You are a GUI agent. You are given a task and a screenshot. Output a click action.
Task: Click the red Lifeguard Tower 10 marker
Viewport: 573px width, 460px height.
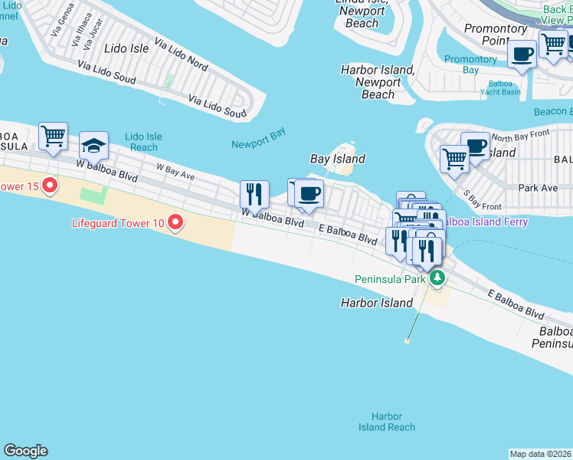[175, 223]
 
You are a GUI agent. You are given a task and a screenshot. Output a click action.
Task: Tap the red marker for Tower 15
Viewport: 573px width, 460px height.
[51, 186]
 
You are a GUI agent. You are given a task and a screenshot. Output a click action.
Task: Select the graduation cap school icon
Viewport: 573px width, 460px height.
[93, 145]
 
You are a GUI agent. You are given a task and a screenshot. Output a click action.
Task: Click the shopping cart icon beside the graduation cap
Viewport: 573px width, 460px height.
[53, 136]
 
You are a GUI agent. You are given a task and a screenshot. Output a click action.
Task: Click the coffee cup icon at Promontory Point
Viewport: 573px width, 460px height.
[522, 54]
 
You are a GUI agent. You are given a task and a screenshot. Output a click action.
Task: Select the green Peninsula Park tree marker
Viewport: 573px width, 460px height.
[437, 278]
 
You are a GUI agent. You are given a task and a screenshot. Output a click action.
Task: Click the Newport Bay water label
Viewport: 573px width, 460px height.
[258, 139]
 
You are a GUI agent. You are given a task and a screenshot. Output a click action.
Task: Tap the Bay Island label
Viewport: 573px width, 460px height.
[337, 159]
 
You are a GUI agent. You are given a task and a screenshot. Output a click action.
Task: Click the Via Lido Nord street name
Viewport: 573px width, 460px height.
[181, 54]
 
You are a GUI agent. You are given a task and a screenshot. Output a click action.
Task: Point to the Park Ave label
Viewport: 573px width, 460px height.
[538, 187]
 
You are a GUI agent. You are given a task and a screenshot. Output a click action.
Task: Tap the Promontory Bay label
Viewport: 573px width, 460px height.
[470, 64]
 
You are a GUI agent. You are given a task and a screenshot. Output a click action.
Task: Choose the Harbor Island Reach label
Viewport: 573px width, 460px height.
[387, 422]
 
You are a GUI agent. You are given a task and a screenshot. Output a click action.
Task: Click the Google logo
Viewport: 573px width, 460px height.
[25, 451]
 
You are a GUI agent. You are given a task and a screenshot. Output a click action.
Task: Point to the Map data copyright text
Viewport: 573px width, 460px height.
[540, 454]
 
